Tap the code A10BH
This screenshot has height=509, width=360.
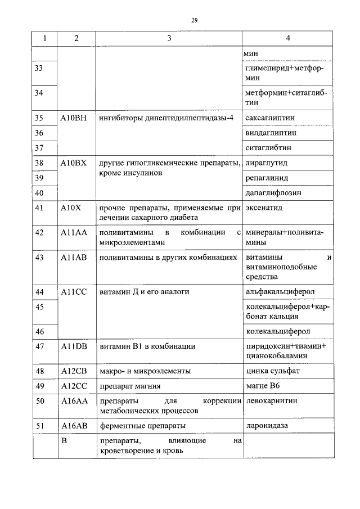(x=73, y=118)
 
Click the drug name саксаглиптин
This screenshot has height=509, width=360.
(x=271, y=118)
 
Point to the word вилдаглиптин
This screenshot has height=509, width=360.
(x=271, y=133)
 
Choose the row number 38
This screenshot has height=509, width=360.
(x=39, y=163)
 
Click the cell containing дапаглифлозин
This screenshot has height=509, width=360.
(x=273, y=192)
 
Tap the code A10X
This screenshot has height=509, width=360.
(x=71, y=208)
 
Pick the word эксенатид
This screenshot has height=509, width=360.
(x=264, y=208)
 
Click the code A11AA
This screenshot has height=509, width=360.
(x=73, y=232)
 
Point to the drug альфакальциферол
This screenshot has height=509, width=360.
(x=280, y=292)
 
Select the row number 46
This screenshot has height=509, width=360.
(x=39, y=331)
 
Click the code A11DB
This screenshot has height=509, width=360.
(x=73, y=346)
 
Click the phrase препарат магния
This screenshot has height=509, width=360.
(x=130, y=386)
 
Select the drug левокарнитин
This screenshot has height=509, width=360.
(x=272, y=401)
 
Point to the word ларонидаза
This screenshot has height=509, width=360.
(x=267, y=426)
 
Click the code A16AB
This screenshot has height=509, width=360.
(x=73, y=426)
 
